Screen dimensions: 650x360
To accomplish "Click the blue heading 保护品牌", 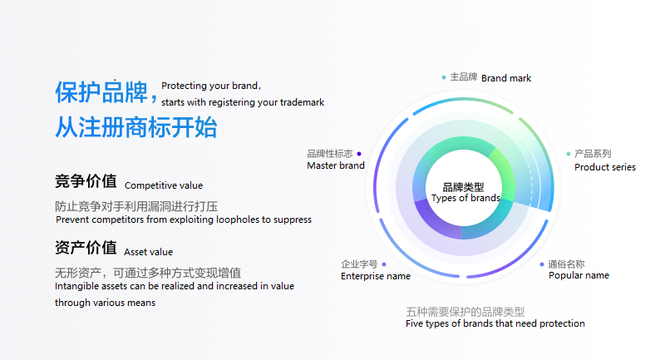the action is pyautogui.click(x=101, y=91).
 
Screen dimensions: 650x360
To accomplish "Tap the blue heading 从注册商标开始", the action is pyautogui.click(x=136, y=127).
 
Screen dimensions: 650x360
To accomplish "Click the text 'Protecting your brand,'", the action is pyautogui.click(x=211, y=86).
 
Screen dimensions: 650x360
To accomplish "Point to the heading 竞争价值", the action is pyautogui.click(x=86, y=181).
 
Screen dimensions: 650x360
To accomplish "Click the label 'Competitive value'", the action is pyautogui.click(x=164, y=185).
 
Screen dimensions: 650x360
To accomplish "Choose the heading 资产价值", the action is pyautogui.click(x=86, y=248).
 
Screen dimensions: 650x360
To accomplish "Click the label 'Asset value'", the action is pyautogui.click(x=149, y=252).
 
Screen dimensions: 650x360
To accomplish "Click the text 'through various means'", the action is pyautogui.click(x=106, y=303).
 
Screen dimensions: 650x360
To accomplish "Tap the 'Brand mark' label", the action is pyautogui.click(x=506, y=78).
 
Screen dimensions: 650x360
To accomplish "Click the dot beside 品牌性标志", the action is pyautogui.click(x=359, y=154).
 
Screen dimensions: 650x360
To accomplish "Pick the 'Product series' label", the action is pyautogui.click(x=605, y=167).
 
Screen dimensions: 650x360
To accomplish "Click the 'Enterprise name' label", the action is pyautogui.click(x=376, y=276).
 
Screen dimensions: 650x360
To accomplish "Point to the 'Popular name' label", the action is pyautogui.click(x=579, y=275).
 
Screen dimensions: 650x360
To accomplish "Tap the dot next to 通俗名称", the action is pyautogui.click(x=542, y=264).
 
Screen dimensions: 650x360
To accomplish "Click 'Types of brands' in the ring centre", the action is pyautogui.click(x=465, y=198).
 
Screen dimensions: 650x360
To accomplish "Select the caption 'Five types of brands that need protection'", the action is pyautogui.click(x=495, y=323).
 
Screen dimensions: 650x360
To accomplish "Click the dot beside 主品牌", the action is pyautogui.click(x=444, y=77).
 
